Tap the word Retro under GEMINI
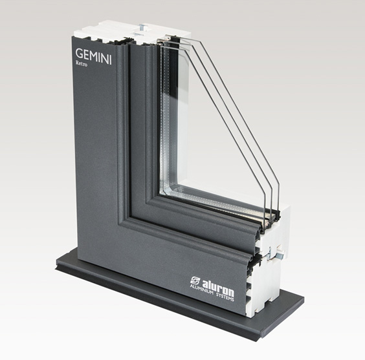pyautogui.click(x=82, y=63)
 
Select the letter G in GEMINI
pyautogui.click(x=79, y=53)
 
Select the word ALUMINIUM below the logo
pyautogui.click(x=201, y=290)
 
